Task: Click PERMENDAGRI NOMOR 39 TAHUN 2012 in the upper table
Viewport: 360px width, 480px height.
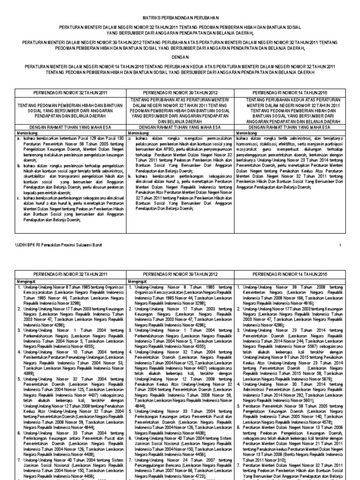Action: point(180,92)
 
